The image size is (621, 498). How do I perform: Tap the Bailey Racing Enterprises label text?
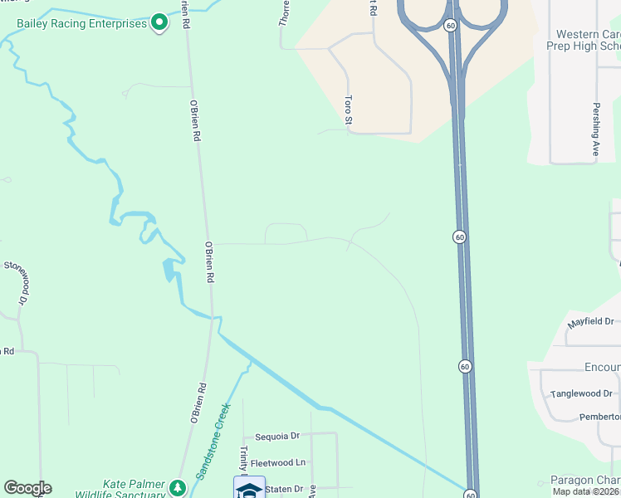click(x=81, y=22)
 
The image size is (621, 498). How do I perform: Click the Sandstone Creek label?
click(x=213, y=441)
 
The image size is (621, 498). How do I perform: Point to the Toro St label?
click(x=349, y=110)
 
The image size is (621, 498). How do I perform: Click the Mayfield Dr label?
click(x=590, y=321)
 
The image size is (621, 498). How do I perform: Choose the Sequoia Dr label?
click(x=276, y=436)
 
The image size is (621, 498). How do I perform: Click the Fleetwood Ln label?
click(x=278, y=462)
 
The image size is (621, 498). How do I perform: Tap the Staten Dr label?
click(x=285, y=489)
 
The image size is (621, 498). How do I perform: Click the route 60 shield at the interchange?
click(x=449, y=26)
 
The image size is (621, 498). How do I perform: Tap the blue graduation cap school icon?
click(x=249, y=489)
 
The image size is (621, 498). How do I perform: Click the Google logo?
click(x=27, y=488)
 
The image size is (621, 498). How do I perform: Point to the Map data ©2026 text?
click(x=586, y=491)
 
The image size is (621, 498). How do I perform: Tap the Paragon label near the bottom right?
click(x=585, y=481)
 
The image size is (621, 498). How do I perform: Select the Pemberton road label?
click(x=599, y=417)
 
